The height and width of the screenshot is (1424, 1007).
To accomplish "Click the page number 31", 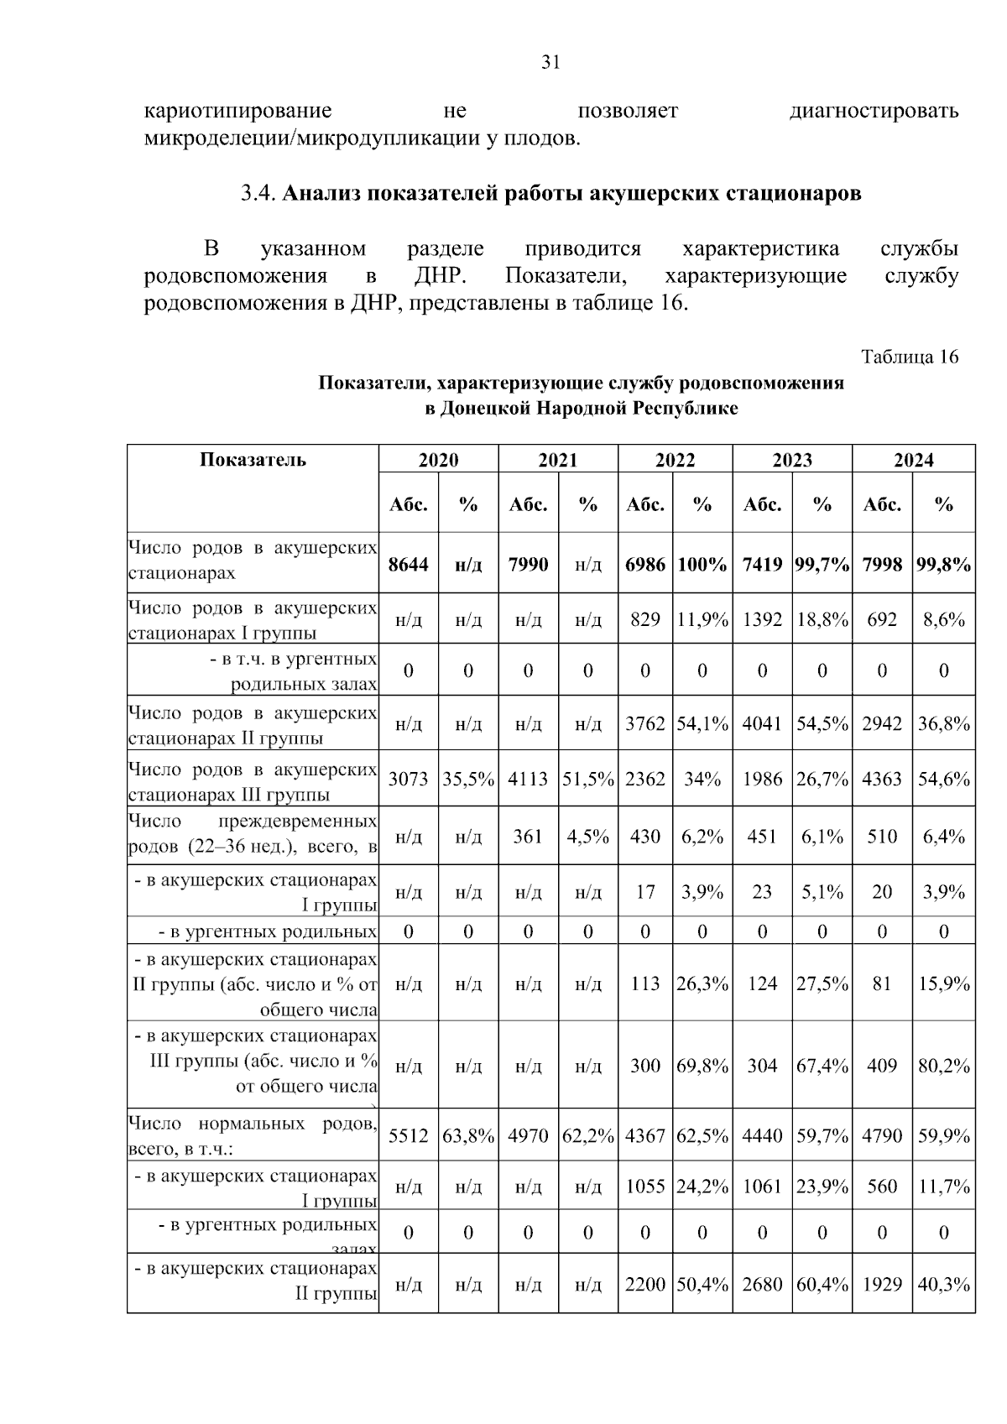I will [550, 63].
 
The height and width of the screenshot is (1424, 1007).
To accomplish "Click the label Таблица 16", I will [910, 357].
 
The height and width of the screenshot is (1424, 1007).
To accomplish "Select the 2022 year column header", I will [675, 460].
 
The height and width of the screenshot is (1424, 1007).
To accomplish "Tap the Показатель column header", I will [253, 460].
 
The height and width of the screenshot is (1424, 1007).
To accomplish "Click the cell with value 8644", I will [408, 564].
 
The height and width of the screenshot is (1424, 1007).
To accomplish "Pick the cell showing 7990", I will [528, 564].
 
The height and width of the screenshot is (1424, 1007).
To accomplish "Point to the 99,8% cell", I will [943, 564].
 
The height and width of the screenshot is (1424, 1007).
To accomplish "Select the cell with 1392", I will [762, 619].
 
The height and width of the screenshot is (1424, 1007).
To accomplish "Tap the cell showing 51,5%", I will [587, 779].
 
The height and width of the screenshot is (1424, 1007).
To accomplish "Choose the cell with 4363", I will [882, 779].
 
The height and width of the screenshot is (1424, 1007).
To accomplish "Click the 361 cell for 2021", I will [528, 836].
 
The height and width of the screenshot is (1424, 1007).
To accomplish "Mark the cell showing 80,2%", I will [943, 1066].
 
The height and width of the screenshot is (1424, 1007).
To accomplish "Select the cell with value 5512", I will [408, 1135].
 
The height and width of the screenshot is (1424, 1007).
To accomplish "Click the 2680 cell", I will [762, 1284].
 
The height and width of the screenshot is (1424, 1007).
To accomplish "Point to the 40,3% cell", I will [943, 1284].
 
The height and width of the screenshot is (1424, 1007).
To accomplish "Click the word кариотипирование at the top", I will [238, 112].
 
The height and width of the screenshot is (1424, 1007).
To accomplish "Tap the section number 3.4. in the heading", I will [258, 194].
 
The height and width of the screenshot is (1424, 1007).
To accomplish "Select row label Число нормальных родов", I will [252, 1124].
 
